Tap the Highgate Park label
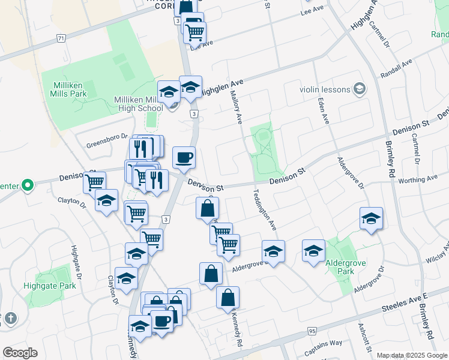coord(50,286)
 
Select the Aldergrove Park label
coord(345,267)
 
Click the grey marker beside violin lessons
coord(360,89)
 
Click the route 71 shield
coord(61,38)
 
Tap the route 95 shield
coord(312,331)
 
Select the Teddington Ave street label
coord(265,209)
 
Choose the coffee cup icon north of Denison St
coord(184,158)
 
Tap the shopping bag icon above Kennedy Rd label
coord(228,297)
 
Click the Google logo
coord(20,353)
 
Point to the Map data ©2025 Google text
coord(411,355)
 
